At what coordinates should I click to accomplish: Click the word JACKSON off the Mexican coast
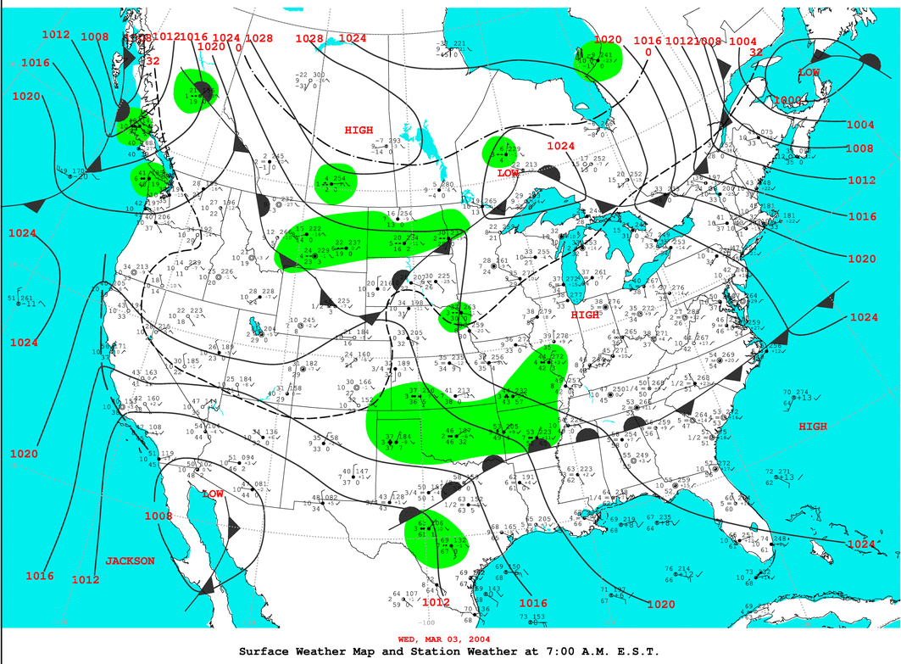[x=130, y=561]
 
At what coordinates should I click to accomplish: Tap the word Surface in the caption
[x=267, y=651]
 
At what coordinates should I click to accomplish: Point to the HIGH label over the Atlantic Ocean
[x=812, y=427]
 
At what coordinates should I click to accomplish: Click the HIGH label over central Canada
[x=359, y=130]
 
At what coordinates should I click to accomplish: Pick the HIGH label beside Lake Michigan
[x=585, y=315]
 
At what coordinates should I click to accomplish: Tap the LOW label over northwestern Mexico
[x=213, y=493]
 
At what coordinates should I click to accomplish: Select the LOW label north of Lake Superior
[x=508, y=173]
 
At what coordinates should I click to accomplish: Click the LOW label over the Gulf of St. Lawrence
[x=809, y=74]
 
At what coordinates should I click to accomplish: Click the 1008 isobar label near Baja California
[x=158, y=516]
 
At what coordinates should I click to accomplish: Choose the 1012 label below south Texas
[x=436, y=602]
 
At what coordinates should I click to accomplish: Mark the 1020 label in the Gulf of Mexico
[x=660, y=605]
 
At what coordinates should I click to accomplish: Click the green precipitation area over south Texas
[x=437, y=538]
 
